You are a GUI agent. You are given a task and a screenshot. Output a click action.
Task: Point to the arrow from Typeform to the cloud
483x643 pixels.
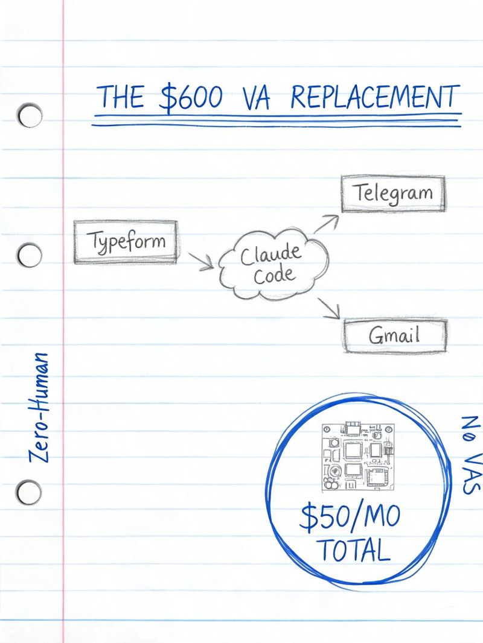201,262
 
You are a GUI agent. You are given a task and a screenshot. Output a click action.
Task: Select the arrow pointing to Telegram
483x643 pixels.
327,224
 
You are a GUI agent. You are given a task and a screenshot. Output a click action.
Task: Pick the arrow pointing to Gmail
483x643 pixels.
329,308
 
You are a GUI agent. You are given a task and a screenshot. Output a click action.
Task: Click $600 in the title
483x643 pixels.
191,98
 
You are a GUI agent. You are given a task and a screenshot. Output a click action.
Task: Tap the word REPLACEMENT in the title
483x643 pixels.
375,98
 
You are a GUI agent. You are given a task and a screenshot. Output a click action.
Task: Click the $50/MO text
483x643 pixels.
350,517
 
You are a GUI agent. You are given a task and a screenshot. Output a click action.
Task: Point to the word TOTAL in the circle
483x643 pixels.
354,550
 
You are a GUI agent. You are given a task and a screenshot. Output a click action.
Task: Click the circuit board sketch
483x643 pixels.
358,457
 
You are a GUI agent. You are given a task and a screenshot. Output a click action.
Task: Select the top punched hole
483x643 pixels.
30,116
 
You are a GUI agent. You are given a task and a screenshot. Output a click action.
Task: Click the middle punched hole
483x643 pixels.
30,255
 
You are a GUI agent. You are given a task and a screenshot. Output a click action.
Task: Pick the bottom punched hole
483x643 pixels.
29,492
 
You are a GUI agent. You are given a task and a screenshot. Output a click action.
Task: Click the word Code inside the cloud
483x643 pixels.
274,274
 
